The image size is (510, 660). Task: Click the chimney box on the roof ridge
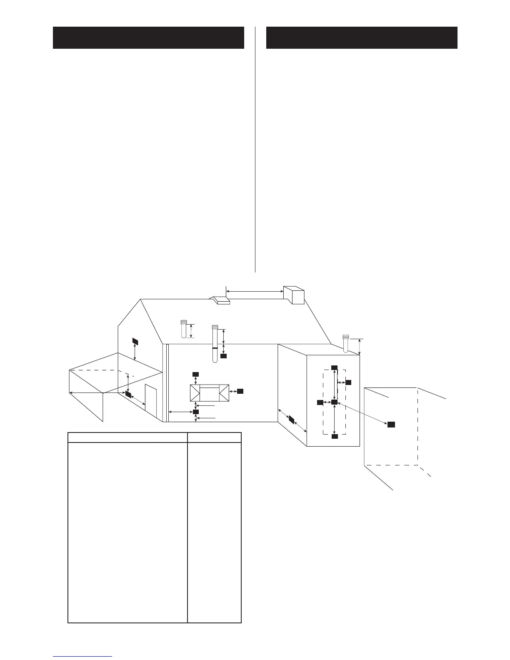pyautogui.click(x=294, y=295)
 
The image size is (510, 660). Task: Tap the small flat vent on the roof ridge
pyautogui.click(x=220, y=300)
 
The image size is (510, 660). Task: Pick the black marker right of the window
pyautogui.click(x=240, y=391)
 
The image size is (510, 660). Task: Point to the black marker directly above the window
pyautogui.click(x=195, y=374)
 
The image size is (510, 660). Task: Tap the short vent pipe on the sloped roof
pyautogui.click(x=184, y=329)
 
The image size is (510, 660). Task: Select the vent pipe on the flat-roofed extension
pyautogui.click(x=345, y=343)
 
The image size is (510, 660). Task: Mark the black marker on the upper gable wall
pyautogui.click(x=135, y=341)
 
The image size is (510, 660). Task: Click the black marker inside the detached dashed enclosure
pyautogui.click(x=391, y=424)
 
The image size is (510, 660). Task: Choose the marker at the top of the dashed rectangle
pyautogui.click(x=334, y=367)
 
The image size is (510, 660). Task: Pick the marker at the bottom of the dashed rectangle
pyautogui.click(x=334, y=436)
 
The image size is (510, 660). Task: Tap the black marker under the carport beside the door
pyautogui.click(x=128, y=394)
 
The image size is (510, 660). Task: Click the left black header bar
pyautogui.click(x=148, y=37)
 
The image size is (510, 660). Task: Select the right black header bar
pyautogui.click(x=362, y=37)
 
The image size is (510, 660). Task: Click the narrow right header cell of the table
pyautogui.click(x=214, y=437)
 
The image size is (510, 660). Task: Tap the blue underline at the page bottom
pyautogui.click(x=82, y=657)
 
